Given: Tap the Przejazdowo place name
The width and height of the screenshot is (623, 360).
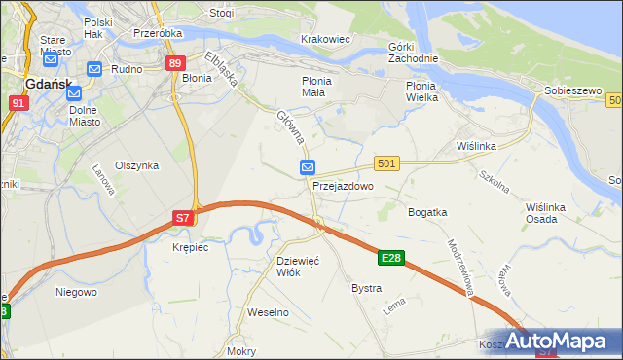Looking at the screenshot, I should [343, 185].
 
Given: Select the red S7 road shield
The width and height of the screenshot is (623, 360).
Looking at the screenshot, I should [183, 219].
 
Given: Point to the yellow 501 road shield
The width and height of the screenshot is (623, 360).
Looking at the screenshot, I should [386, 164].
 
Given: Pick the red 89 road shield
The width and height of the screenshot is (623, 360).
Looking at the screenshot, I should [174, 64].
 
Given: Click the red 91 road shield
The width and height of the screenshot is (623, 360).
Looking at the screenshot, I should [18, 101].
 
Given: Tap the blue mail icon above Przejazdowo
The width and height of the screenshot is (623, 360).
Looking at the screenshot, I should [307, 166].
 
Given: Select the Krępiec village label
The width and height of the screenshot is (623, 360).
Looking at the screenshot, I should [190, 247].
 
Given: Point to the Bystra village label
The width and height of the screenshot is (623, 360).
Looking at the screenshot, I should [366, 288].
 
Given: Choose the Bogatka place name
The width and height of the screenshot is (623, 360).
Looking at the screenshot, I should [427, 211].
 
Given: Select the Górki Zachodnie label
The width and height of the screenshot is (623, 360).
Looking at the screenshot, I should [414, 53].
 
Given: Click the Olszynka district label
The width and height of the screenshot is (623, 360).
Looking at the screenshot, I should [136, 165].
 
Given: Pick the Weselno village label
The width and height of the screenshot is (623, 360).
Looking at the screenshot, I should [269, 312].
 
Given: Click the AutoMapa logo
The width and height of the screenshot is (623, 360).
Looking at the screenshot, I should [568, 342].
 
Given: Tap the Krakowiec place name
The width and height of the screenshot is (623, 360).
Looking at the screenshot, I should [325, 38].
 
